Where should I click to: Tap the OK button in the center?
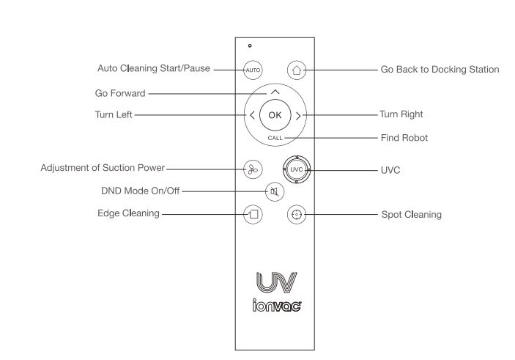(274, 115)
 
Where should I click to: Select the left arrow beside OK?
(251, 115)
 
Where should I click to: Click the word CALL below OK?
(275, 138)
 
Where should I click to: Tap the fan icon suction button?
(251, 168)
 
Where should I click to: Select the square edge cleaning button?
(252, 215)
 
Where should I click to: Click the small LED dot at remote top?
(249, 46)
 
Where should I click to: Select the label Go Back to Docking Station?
(440, 70)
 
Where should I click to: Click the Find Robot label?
(404, 137)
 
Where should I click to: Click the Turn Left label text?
(114, 115)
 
